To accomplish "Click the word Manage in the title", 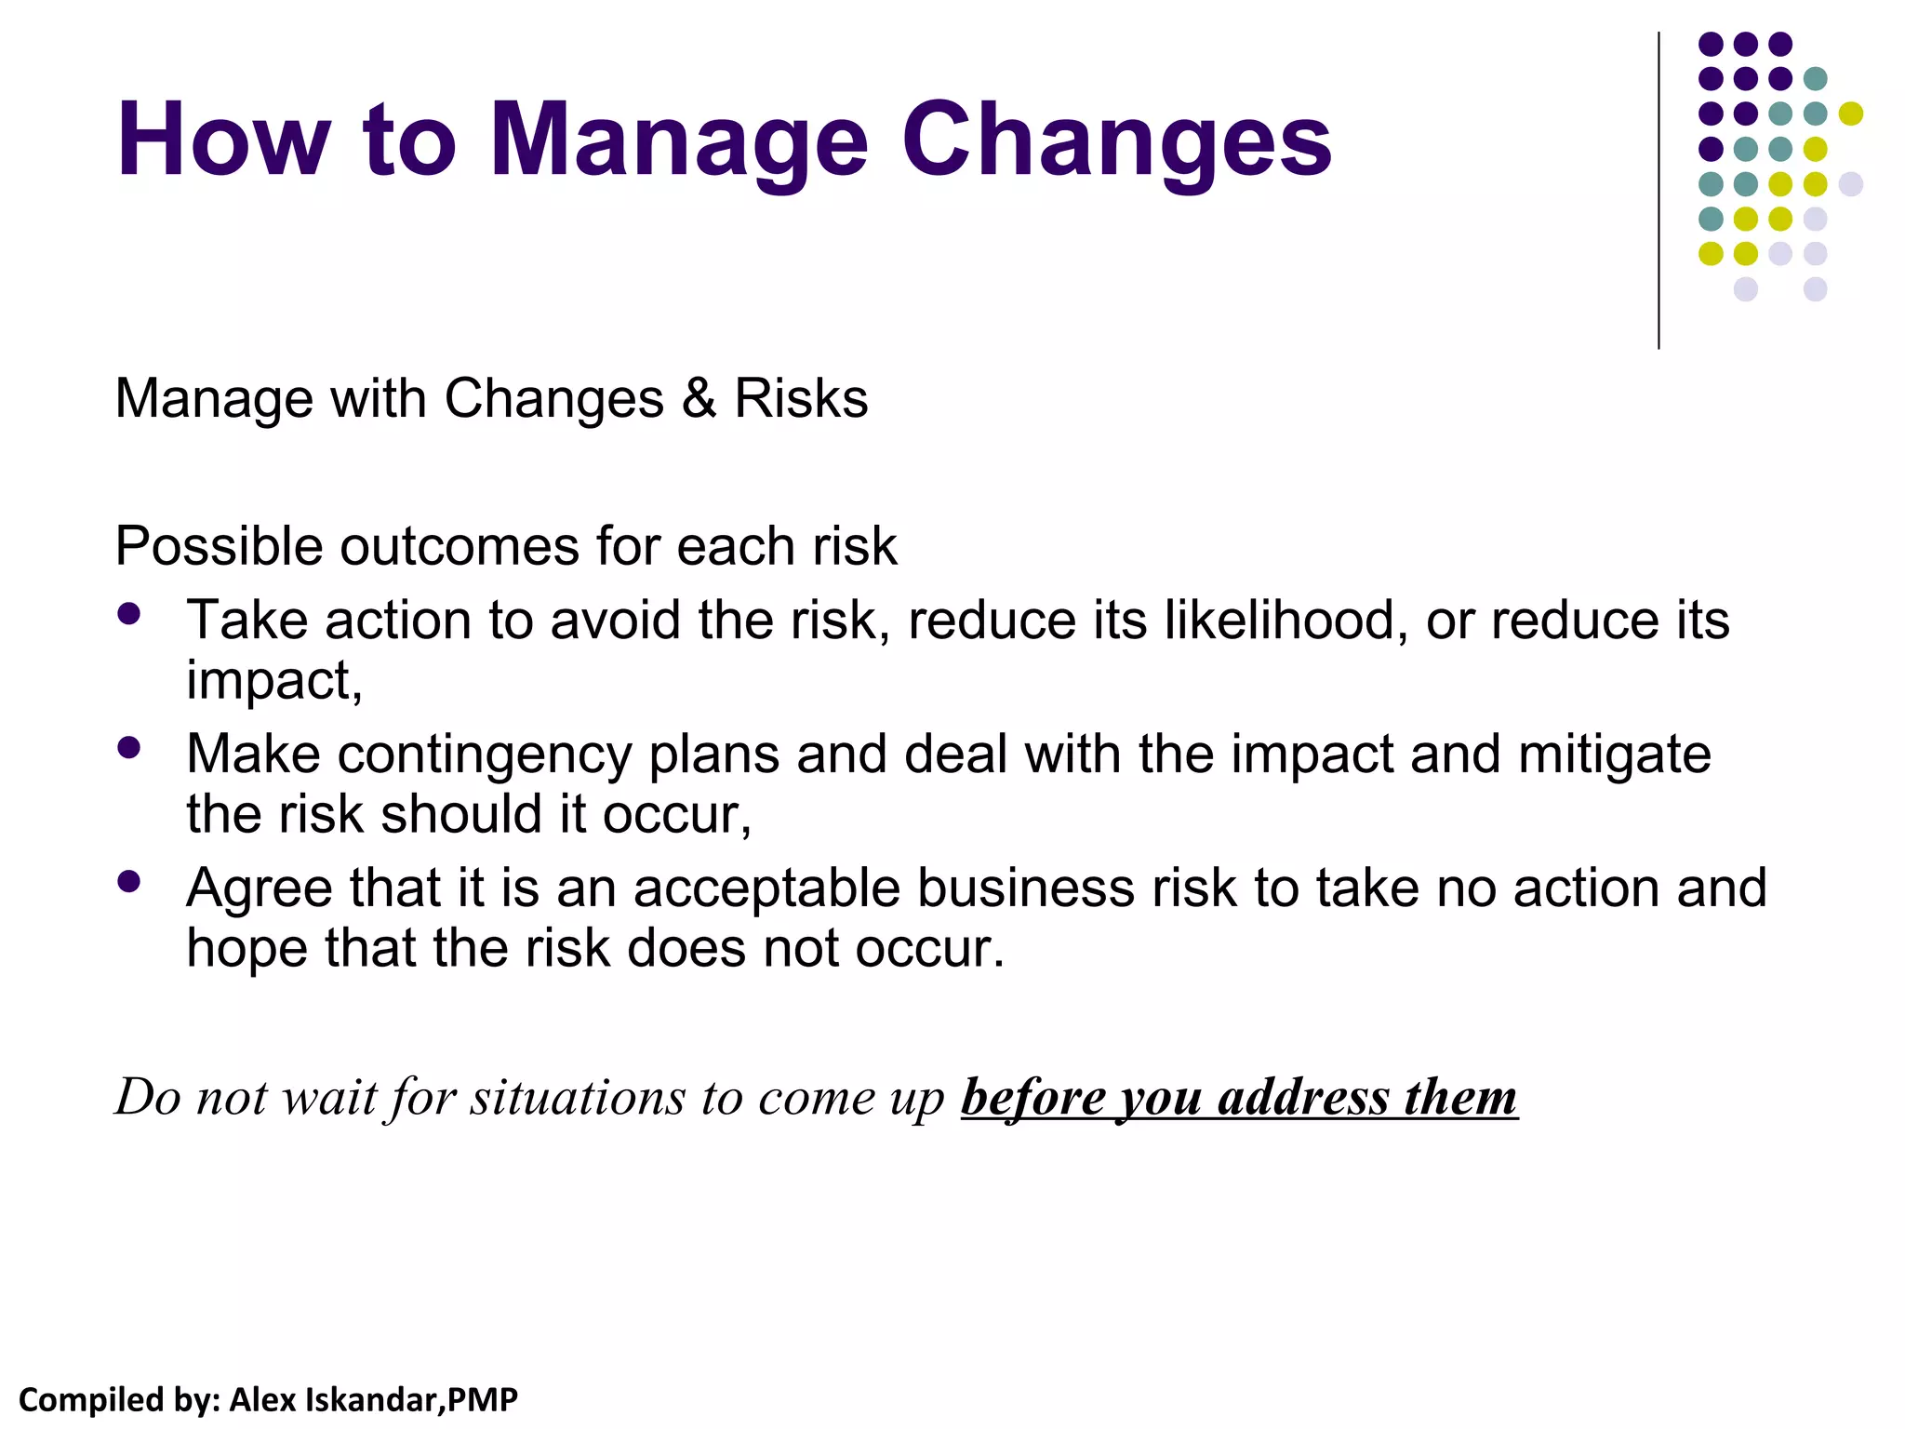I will click(679, 141).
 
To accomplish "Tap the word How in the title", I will click(223, 141).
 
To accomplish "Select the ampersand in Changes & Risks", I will click(699, 399).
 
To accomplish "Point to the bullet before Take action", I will click(129, 613).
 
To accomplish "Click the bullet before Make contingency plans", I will click(129, 747).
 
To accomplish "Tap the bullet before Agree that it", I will click(129, 881).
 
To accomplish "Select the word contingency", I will click(484, 755).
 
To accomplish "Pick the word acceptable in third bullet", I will click(766, 888).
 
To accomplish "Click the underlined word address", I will click(1302, 1098).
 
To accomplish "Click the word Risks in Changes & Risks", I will click(801, 399).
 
